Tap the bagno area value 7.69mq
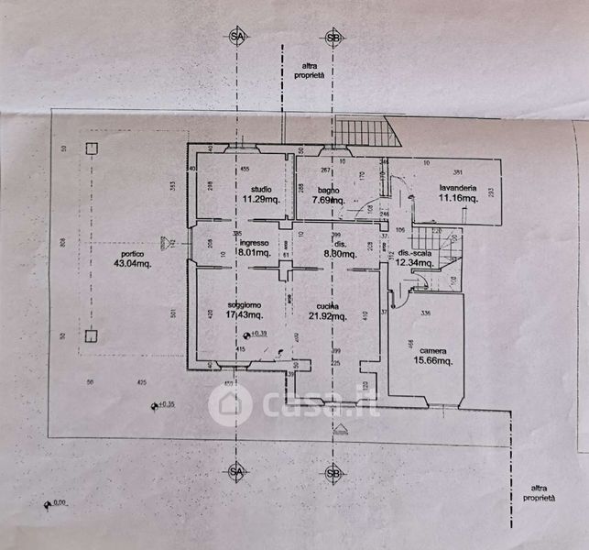(x=327, y=199)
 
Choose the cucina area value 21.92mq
(x=327, y=316)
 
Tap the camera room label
(x=433, y=350)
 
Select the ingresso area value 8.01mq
(x=253, y=253)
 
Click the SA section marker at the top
(x=238, y=37)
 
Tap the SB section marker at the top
(x=333, y=37)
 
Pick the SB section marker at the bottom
(x=333, y=473)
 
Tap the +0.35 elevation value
(x=166, y=403)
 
